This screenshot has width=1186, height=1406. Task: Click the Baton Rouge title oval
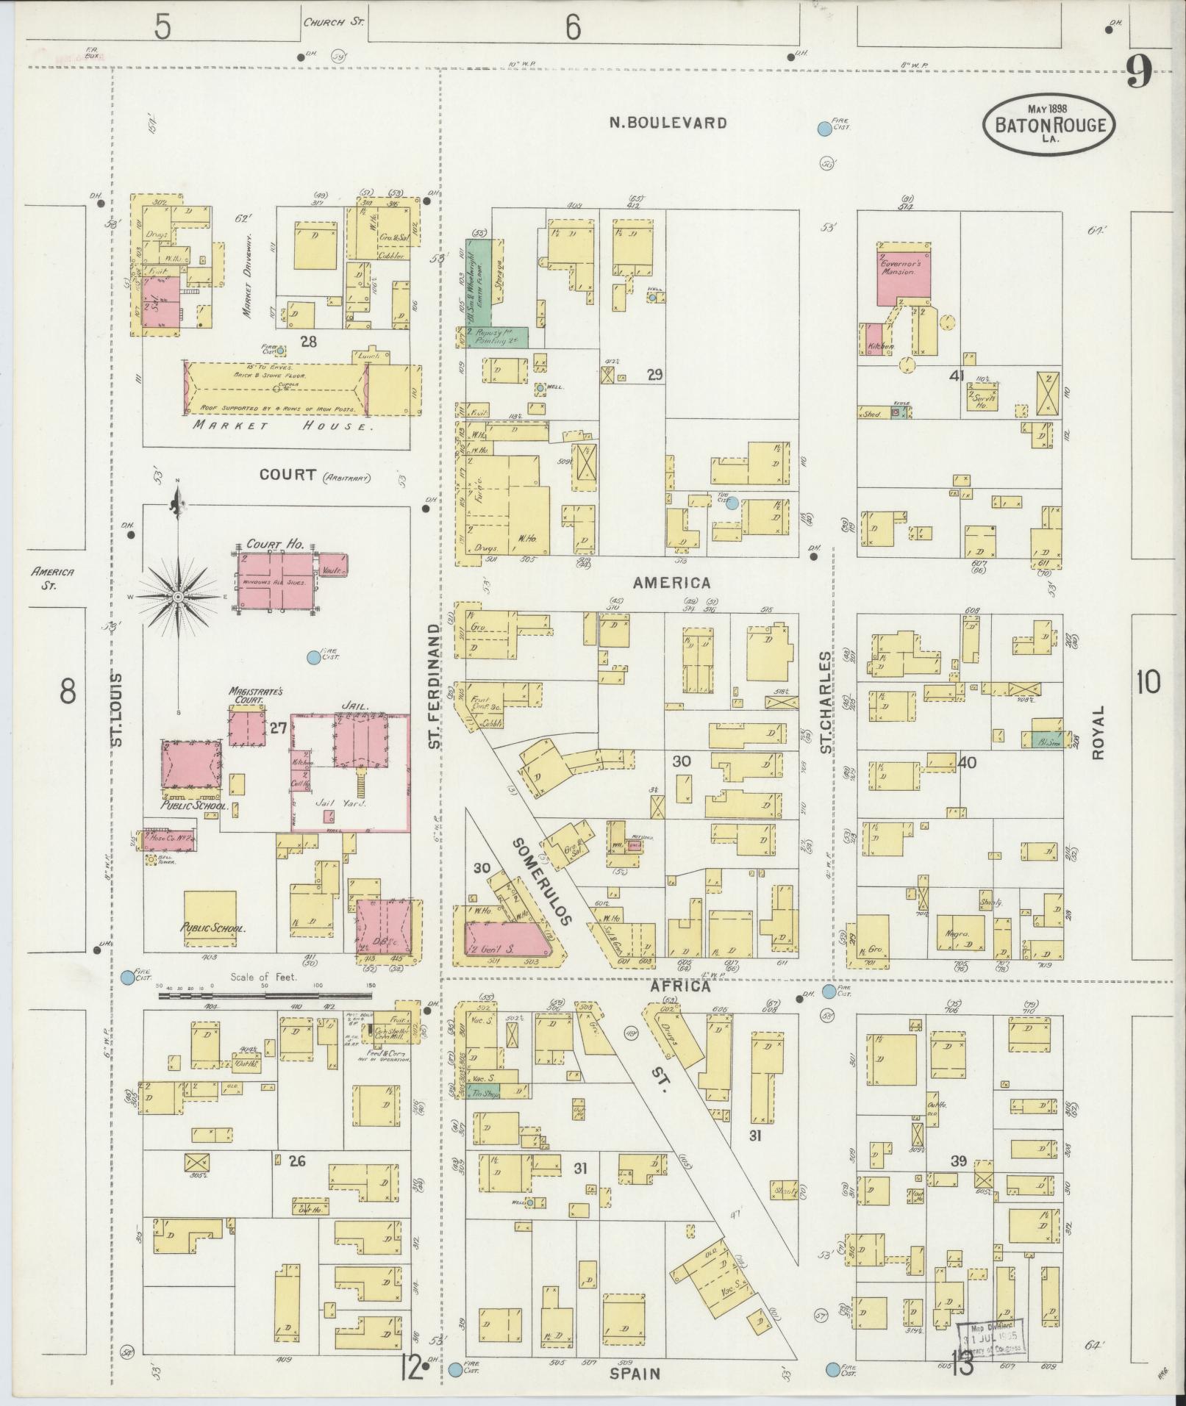[x=1049, y=125]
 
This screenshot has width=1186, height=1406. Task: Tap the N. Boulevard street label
[x=668, y=123]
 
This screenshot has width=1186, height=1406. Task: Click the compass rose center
[x=177, y=598]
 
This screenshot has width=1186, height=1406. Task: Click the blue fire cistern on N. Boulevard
[x=824, y=130]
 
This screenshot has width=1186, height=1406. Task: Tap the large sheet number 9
[x=1139, y=73]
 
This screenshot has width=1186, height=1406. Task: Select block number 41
[x=957, y=376]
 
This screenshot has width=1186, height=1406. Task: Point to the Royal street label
[x=1099, y=732]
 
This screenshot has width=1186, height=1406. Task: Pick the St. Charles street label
[x=826, y=702]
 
